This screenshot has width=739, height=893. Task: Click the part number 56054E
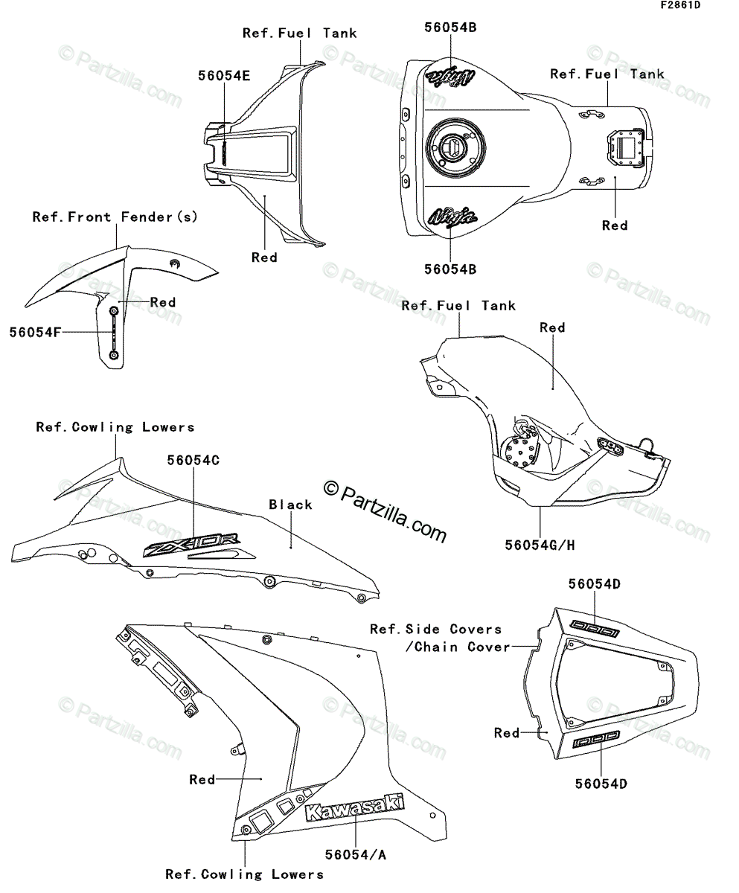tap(223, 76)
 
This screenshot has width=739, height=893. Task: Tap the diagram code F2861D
tap(679, 6)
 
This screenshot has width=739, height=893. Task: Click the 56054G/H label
tap(541, 545)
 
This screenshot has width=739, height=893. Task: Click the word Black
tap(291, 505)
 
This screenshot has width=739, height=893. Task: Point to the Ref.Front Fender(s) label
tap(115, 217)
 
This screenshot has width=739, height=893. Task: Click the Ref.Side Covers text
tap(436, 630)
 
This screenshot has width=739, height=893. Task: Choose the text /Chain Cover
tap(458, 647)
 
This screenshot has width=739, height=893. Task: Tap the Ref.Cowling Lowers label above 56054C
tap(115, 427)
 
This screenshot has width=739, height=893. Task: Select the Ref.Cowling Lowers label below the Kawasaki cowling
tap(244, 874)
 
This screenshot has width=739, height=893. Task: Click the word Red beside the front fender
tap(163, 302)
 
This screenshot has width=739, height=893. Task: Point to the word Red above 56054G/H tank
tap(553, 327)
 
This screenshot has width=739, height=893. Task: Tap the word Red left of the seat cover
tap(507, 733)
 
